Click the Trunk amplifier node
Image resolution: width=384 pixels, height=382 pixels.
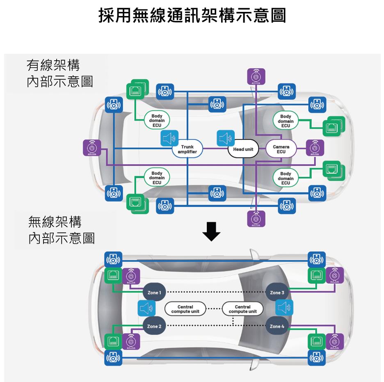pos(187,149)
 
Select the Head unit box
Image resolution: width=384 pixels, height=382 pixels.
pos(243,149)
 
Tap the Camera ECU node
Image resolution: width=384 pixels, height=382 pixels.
pos(281,149)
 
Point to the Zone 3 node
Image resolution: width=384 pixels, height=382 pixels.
pos(277,293)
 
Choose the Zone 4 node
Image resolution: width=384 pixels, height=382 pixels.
pos(277,326)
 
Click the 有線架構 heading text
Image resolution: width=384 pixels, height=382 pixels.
pos(53,65)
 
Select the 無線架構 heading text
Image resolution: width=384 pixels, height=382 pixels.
pos(55,222)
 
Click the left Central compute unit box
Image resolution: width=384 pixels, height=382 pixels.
pos(185,309)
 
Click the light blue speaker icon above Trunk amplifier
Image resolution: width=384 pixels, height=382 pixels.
pos(169,138)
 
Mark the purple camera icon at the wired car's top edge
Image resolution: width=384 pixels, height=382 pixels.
pos(256,77)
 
